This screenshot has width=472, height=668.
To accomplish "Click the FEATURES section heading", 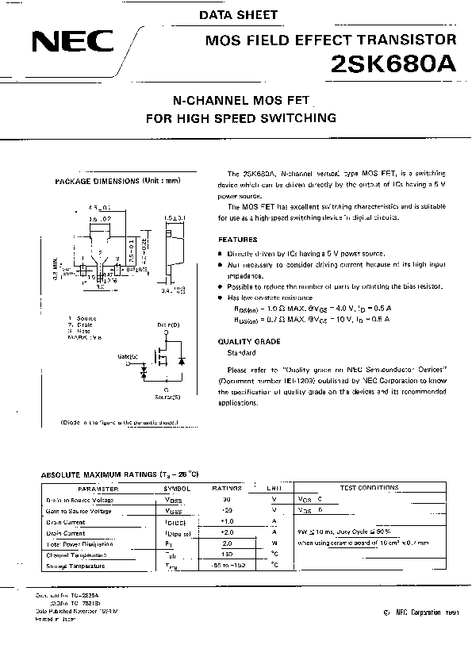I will coord(237,239).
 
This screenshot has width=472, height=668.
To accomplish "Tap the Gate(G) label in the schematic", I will coord(128,358).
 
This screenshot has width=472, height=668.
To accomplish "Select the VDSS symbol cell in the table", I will coord(172,500).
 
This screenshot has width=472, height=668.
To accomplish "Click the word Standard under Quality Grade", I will coord(241,351).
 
